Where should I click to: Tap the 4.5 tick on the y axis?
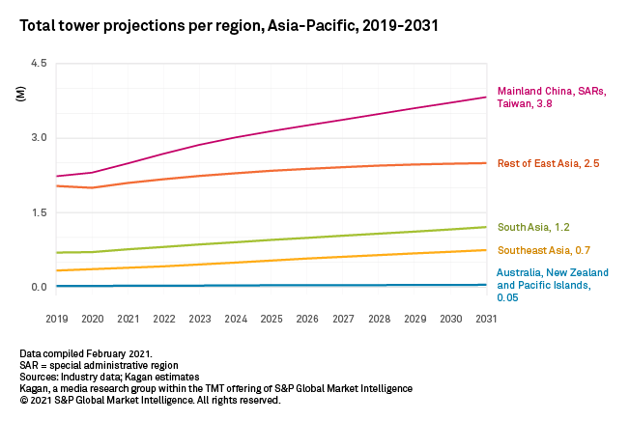(38, 64)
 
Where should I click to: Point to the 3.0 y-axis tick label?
(38, 138)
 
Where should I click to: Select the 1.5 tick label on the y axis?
(38, 212)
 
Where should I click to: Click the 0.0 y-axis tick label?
(38, 287)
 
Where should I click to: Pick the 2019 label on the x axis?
(57, 317)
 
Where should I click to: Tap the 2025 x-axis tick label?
(272, 317)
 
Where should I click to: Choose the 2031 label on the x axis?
(486, 317)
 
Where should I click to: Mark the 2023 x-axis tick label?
(200, 317)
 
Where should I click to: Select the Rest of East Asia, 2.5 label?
(549, 163)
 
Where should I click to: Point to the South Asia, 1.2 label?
(534, 228)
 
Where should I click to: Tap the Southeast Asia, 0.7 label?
(545, 251)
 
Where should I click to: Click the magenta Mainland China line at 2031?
(485, 98)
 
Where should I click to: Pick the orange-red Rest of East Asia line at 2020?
(93, 187)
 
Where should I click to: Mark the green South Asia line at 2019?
(58, 253)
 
